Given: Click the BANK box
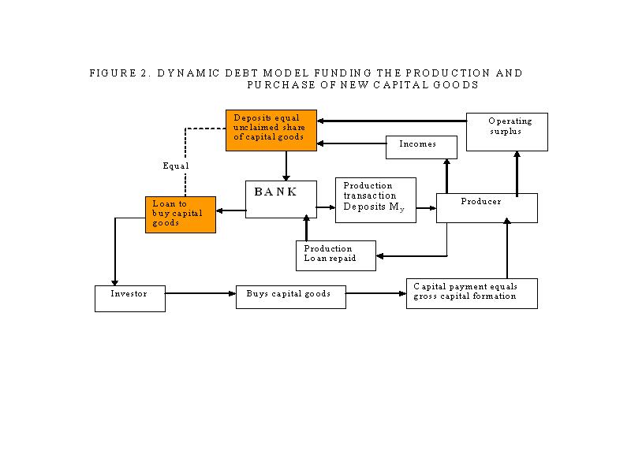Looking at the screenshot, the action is pyautogui.click(x=281, y=199).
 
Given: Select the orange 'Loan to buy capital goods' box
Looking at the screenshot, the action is pyautogui.click(x=181, y=214).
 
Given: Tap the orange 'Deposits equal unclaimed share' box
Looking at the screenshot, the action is pyautogui.click(x=271, y=130).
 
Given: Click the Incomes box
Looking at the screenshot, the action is pyautogui.click(x=421, y=147).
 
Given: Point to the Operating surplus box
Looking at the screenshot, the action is pyautogui.click(x=507, y=132).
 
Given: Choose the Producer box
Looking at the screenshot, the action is pyautogui.click(x=487, y=208).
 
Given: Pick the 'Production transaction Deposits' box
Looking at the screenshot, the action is pyautogui.click(x=376, y=200).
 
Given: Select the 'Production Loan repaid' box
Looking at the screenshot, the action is pyautogui.click(x=336, y=255).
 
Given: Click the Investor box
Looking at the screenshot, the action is pyautogui.click(x=130, y=299).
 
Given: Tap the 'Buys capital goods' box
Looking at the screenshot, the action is pyautogui.click(x=291, y=297).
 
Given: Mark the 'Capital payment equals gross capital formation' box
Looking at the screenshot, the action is pyautogui.click(x=472, y=293).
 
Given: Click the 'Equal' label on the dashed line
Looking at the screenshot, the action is pyautogui.click(x=176, y=166).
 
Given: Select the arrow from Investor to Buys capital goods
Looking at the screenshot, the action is pyautogui.click(x=200, y=293).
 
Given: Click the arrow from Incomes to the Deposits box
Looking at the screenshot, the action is pyautogui.click(x=351, y=143).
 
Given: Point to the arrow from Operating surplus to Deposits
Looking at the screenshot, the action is pyautogui.click(x=391, y=121).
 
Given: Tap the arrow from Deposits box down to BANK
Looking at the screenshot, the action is pyautogui.click(x=286, y=166).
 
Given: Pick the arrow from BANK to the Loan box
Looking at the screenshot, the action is pyautogui.click(x=231, y=210).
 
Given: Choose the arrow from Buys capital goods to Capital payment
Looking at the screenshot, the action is pyautogui.click(x=376, y=293).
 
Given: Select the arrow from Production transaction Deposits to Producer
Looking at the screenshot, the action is pyautogui.click(x=426, y=208).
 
